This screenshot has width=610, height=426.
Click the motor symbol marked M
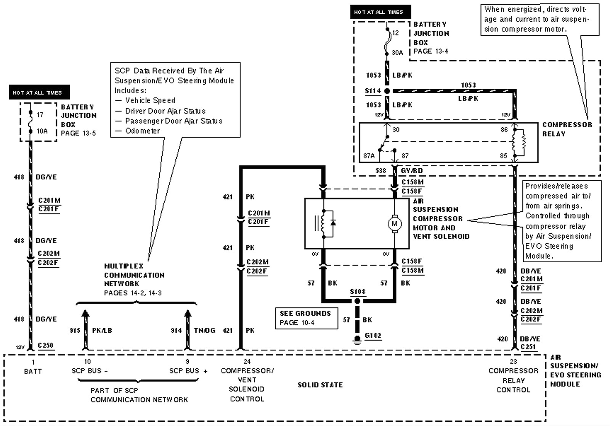coord(395,223)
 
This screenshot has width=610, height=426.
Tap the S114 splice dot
coord(387,91)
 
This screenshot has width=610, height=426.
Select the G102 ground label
coord(372,335)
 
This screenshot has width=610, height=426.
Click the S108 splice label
coord(358,292)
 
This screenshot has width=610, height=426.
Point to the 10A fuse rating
coord(42,131)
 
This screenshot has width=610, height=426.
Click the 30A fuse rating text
coord(397,53)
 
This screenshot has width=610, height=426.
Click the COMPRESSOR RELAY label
coord(567,129)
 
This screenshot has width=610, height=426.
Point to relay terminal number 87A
coord(369,156)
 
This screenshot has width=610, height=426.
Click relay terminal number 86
coord(504,130)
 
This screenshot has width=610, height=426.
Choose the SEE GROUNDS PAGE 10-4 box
coord(306,318)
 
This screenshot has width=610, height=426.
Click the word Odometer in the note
coord(143,131)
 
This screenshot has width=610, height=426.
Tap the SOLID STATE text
coord(320,385)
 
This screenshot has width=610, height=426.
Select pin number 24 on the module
coord(247,361)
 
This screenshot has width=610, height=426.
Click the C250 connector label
coord(45,345)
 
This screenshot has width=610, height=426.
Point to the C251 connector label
coord(528,347)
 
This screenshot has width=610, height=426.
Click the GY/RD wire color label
coord(411,171)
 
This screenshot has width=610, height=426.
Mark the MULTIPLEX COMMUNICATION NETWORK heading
coord(134,275)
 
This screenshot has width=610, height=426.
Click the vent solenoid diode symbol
coord(333,223)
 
